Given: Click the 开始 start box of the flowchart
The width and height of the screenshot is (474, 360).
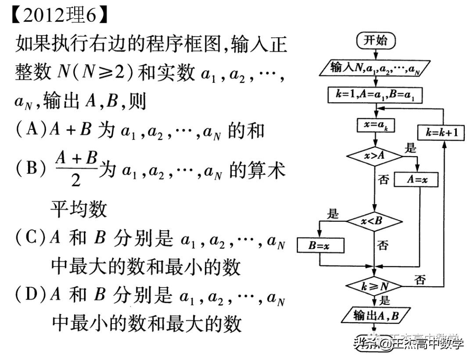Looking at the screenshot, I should (x=376, y=41).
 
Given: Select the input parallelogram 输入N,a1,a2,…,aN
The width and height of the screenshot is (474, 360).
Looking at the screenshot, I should (x=374, y=68).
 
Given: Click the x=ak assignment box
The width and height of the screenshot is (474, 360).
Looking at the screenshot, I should (x=375, y=125).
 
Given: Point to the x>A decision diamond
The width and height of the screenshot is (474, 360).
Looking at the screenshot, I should (x=374, y=156).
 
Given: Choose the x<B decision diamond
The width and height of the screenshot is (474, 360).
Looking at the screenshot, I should (x=374, y=221).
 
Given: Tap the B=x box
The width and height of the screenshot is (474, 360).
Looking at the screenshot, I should (x=320, y=246).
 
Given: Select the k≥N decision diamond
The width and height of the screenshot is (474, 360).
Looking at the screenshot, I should (x=374, y=286).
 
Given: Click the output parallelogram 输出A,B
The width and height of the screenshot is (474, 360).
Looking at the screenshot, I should (x=375, y=315).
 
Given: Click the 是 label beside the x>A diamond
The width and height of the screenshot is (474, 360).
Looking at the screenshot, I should (x=411, y=148).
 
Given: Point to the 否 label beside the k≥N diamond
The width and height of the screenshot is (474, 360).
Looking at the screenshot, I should (x=420, y=279).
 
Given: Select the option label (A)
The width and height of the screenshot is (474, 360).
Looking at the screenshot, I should (x=31, y=130).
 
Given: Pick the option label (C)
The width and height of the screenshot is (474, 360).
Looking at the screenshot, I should (x=31, y=238).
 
